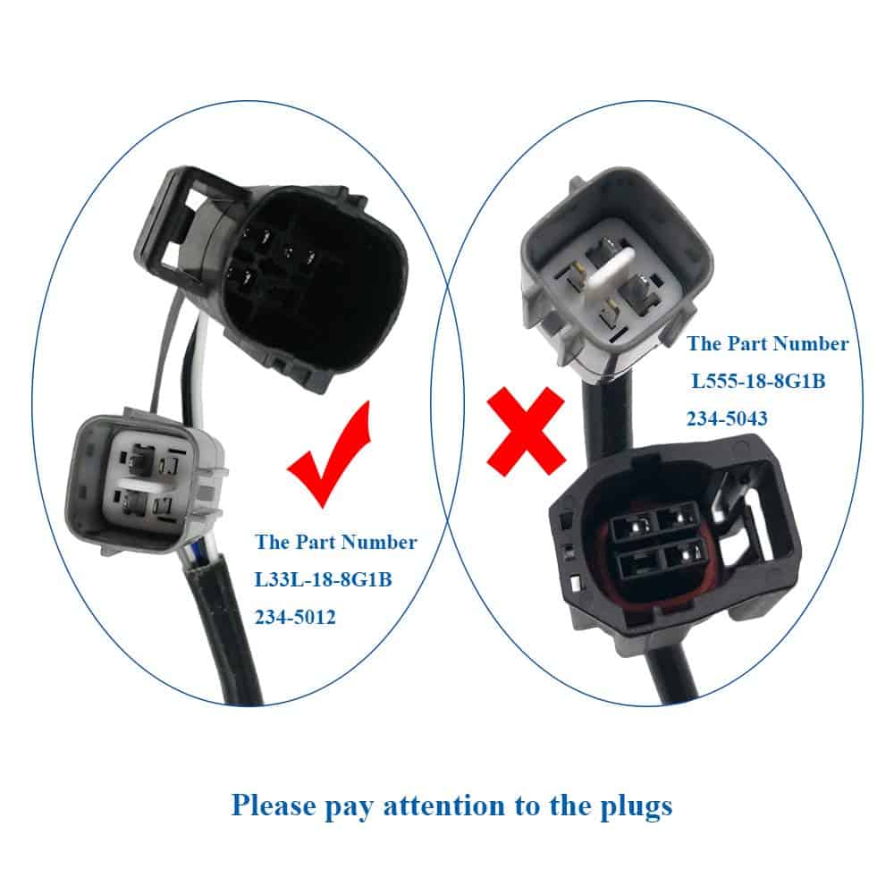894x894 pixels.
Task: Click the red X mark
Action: tap(527, 431)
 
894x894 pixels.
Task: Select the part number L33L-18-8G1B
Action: tap(324, 579)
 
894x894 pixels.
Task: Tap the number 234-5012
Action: tap(295, 617)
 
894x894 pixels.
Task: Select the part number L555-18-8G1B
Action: tap(758, 381)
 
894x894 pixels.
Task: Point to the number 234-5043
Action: tap(726, 418)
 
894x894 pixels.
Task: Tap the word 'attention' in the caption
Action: tap(443, 806)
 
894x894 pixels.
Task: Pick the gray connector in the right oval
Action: tap(616, 274)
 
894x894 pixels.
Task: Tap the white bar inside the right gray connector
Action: tap(610, 274)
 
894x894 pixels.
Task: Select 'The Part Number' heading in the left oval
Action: tap(336, 542)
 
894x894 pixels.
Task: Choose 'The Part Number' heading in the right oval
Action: tap(767, 343)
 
